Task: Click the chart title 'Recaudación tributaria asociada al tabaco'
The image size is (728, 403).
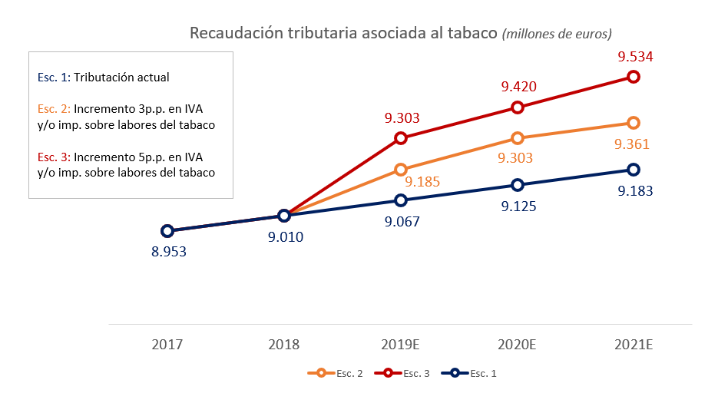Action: tap(343, 34)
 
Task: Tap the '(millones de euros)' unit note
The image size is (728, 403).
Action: tap(557, 35)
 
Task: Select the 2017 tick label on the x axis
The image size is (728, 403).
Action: tap(167, 345)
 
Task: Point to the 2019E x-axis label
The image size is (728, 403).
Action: tap(401, 345)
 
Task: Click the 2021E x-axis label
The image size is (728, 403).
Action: tap(634, 345)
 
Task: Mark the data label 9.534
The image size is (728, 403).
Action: tap(635, 57)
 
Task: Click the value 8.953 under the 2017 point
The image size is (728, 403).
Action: tap(168, 251)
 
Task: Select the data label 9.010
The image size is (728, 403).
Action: tap(284, 236)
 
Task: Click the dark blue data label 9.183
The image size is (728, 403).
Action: tap(635, 190)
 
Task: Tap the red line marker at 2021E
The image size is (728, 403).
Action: tap(634, 77)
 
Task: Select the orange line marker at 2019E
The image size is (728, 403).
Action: tap(401, 170)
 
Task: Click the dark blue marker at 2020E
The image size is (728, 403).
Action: tap(518, 185)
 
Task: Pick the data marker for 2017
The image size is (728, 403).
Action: tap(167, 231)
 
